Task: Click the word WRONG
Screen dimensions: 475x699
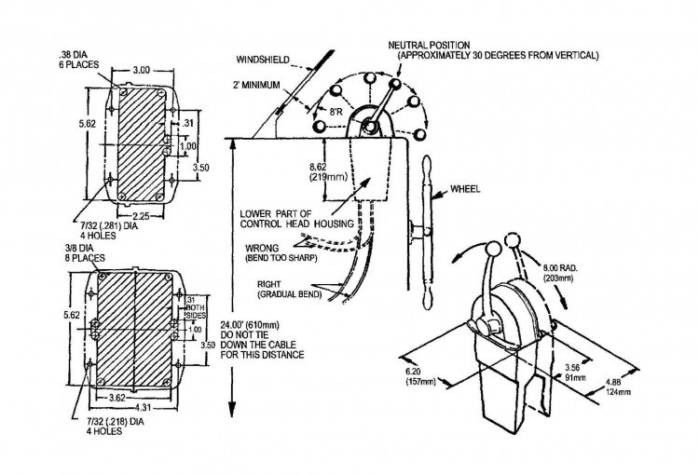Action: click(261, 249)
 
